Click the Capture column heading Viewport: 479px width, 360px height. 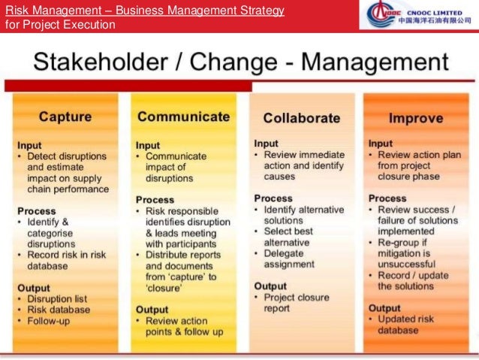tap(65, 117)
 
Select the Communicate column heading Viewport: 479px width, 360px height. tap(183, 116)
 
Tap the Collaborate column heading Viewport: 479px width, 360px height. tap(301, 118)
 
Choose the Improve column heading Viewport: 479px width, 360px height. tap(415, 118)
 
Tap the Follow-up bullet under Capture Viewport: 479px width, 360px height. tap(50, 321)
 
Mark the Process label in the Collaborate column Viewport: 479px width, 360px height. tap(273, 198)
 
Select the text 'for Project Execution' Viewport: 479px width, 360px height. tap(60, 24)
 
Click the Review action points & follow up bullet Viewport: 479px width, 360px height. tap(184, 326)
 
